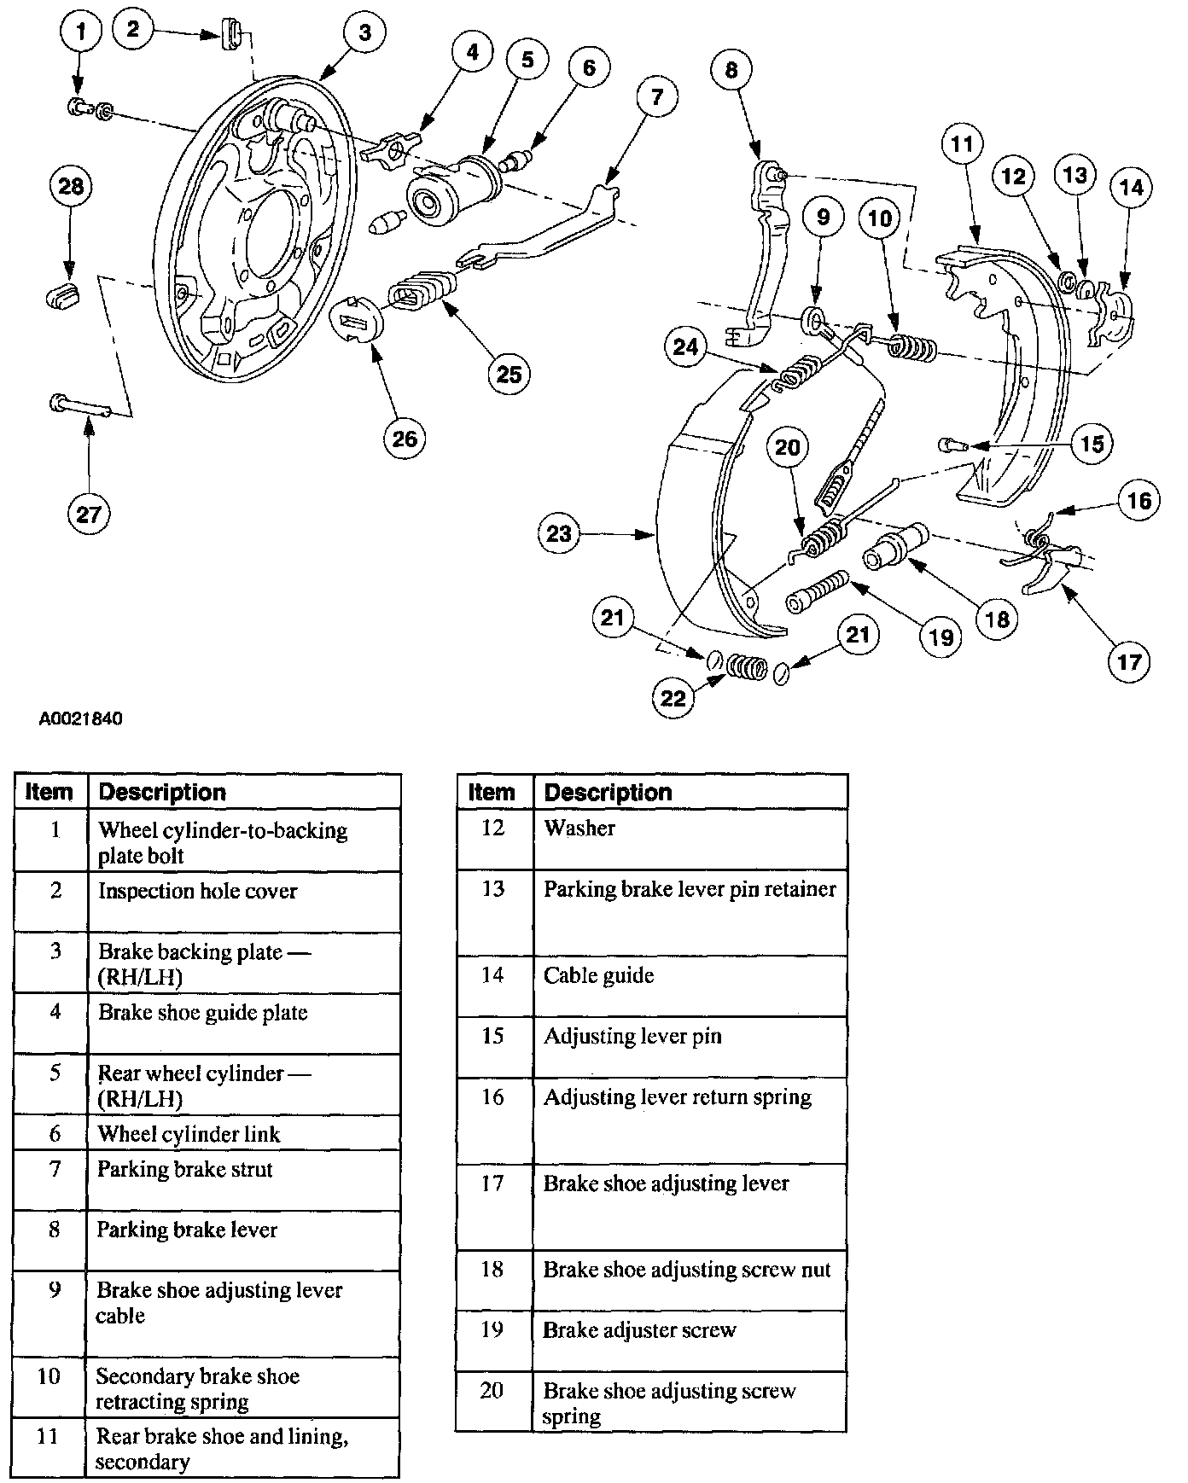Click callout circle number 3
pos(365,33)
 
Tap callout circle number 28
pos(71,185)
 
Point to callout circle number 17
pos(1129,661)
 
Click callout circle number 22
pos(673,698)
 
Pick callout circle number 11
pos(962,144)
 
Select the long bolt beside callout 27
pos(80,405)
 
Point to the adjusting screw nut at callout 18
pos(896,547)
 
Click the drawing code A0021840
pos(81,718)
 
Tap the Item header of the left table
pos(49,792)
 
